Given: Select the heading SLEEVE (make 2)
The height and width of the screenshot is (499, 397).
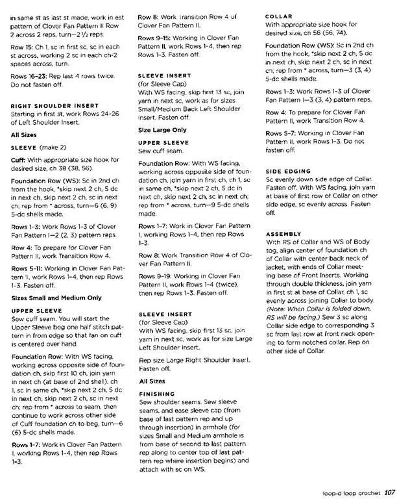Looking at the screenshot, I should tap(36, 147).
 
